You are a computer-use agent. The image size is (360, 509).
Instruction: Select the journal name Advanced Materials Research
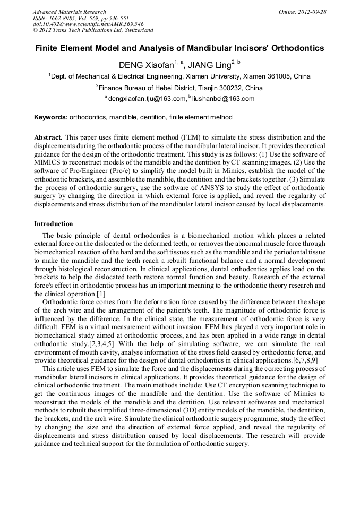(70, 12)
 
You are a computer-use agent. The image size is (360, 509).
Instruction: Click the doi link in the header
(88, 24)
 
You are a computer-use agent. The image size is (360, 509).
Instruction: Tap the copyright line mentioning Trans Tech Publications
(93, 30)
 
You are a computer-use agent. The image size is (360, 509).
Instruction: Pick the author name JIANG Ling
(211, 65)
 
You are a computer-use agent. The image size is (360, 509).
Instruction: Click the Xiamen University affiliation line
(180, 77)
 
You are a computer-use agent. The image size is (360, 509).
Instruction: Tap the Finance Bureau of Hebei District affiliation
(180, 88)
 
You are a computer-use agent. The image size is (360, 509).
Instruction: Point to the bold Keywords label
(50, 117)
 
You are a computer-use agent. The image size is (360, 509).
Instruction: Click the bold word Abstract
(48, 137)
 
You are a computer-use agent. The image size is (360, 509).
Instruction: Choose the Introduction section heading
(54, 224)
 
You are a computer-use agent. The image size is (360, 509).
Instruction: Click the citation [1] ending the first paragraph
(100, 294)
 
